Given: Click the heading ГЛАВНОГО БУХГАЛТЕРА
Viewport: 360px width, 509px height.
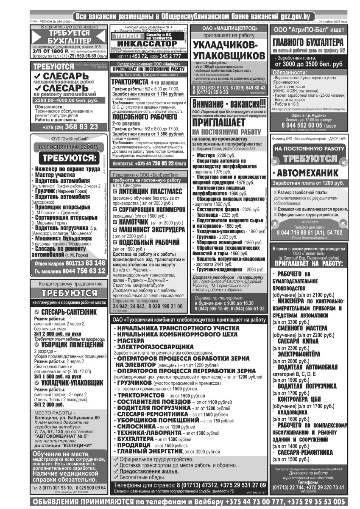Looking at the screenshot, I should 308,43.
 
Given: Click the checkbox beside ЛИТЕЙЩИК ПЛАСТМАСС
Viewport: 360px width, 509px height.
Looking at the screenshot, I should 115,192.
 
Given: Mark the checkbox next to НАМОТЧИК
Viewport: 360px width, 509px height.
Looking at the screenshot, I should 115,222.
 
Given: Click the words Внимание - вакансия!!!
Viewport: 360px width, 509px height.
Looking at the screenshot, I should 229,103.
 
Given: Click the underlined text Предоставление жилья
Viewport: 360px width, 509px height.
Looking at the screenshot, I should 148,471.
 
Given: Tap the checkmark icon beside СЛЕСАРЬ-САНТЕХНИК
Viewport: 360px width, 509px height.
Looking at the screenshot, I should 36,312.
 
